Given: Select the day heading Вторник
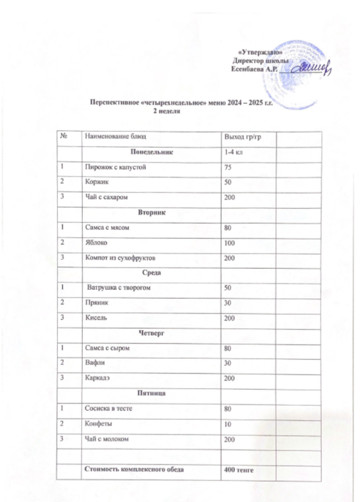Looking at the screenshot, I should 150,211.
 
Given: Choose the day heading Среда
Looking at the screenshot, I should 151,273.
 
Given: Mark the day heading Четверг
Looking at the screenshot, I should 150,333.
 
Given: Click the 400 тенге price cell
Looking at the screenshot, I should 235,470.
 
